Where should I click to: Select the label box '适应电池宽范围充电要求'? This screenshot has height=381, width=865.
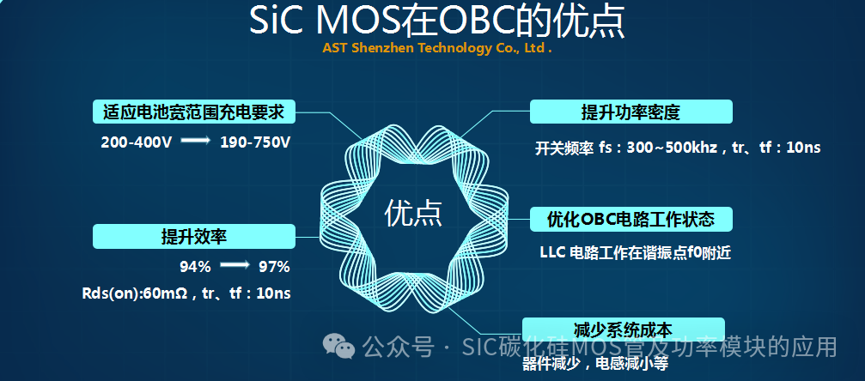click(193, 112)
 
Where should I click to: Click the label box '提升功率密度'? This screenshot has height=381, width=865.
click(630, 112)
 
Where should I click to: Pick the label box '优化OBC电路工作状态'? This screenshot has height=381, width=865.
click(630, 219)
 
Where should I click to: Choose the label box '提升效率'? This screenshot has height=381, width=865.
click(193, 236)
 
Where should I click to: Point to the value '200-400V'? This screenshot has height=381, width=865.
click(136, 142)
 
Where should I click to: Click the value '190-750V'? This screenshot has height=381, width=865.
click(255, 142)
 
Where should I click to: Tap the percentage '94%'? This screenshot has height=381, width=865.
click(195, 266)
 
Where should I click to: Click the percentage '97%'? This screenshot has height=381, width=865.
click(274, 266)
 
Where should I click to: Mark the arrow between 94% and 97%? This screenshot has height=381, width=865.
click(235, 266)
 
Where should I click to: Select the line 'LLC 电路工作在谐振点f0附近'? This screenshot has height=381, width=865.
click(635, 253)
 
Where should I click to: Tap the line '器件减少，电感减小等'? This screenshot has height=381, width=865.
click(594, 364)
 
